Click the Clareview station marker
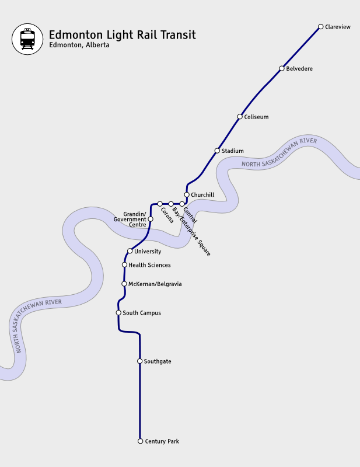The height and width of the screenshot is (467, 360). pyautogui.click(x=321, y=26)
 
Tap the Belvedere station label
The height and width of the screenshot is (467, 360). pyautogui.click(x=299, y=69)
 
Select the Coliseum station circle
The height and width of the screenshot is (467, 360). pyautogui.click(x=240, y=117)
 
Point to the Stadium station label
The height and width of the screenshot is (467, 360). pyautogui.click(x=232, y=151)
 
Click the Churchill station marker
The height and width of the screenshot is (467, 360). pyautogui.click(x=187, y=195)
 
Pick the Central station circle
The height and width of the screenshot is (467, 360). pyautogui.click(x=182, y=204)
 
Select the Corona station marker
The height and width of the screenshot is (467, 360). pyautogui.click(x=160, y=204)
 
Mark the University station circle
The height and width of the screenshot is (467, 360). pyautogui.click(x=130, y=251)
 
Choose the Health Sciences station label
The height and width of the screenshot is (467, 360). pyautogui.click(x=149, y=265)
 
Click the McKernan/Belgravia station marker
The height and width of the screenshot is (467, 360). pyautogui.click(x=124, y=284)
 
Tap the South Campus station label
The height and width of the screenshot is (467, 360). pyautogui.click(x=142, y=313)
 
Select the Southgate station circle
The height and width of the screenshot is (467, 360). pyautogui.click(x=139, y=361)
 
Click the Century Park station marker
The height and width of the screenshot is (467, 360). pyautogui.click(x=140, y=441)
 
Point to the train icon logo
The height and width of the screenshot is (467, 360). pyautogui.click(x=27, y=39)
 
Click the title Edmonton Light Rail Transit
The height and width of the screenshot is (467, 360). pyautogui.click(x=122, y=35)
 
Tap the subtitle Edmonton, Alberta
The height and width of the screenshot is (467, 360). pyautogui.click(x=79, y=46)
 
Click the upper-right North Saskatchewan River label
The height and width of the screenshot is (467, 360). pyautogui.click(x=279, y=153)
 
